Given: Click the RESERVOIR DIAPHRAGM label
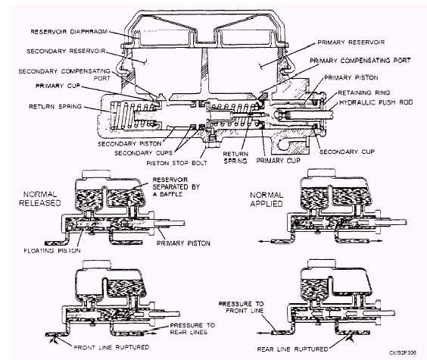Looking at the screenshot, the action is click(x=69, y=32).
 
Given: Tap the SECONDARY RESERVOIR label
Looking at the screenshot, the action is click(x=66, y=52).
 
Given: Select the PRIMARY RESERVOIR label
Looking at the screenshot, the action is click(x=351, y=42).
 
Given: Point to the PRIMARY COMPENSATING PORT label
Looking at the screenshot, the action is click(x=360, y=61).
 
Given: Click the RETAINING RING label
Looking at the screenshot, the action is click(x=364, y=92).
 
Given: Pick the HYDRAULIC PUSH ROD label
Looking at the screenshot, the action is click(x=376, y=102).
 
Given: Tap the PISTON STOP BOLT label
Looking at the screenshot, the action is click(x=176, y=163).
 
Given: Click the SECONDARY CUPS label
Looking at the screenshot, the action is click(x=144, y=153).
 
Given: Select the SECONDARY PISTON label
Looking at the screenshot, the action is click(x=129, y=143).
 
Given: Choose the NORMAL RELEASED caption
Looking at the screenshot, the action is click(x=40, y=199).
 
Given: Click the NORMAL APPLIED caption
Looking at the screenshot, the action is click(x=266, y=199).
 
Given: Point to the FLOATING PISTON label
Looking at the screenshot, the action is click(x=52, y=250).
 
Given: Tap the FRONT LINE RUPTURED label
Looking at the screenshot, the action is click(x=111, y=347).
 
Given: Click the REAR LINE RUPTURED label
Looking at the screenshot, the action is click(x=292, y=349).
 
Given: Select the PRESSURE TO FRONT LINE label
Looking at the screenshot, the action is click(x=241, y=307).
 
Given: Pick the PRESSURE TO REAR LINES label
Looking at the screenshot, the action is click(x=192, y=329).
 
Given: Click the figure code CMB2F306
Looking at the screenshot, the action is click(x=403, y=352).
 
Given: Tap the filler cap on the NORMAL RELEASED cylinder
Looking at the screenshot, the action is click(x=96, y=174).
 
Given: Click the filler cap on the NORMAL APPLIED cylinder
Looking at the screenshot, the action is click(x=321, y=173).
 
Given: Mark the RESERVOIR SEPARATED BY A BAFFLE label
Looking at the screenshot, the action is click(x=176, y=187).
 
